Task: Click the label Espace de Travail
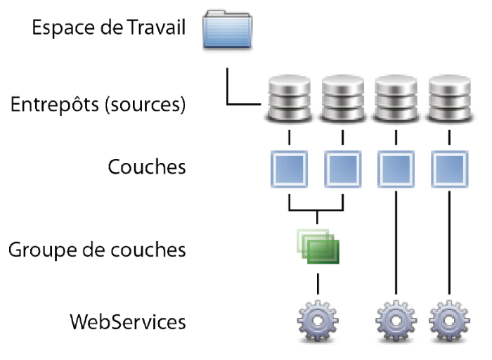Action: [109, 29]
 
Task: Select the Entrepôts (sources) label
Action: [98, 105]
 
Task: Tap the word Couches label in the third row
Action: [147, 167]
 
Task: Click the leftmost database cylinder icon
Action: [289, 98]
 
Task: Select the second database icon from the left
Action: [342, 98]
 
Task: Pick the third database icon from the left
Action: [396, 98]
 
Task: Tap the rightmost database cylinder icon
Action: [449, 98]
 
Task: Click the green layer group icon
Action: [318, 247]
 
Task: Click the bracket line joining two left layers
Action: [316, 210]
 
